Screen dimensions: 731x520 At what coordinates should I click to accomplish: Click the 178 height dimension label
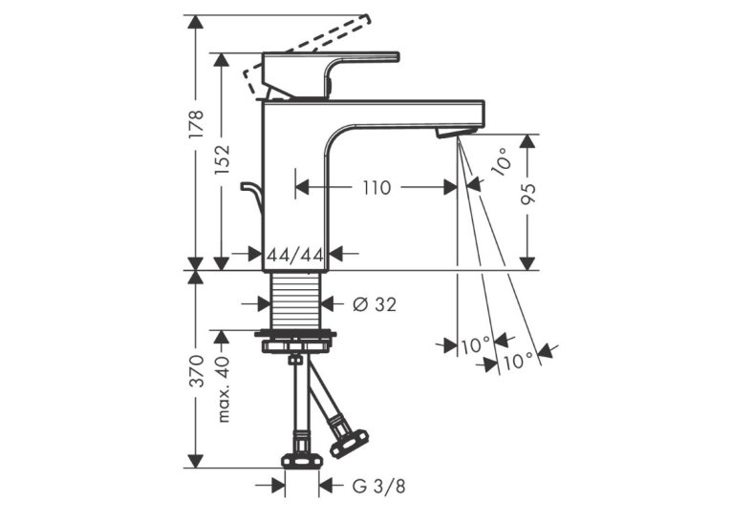(196, 124)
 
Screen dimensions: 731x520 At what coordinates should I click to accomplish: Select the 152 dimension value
(222, 159)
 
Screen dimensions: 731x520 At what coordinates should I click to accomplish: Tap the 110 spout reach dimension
(376, 188)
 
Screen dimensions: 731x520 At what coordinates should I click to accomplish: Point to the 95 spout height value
(527, 193)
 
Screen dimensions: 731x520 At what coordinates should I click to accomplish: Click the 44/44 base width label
(294, 254)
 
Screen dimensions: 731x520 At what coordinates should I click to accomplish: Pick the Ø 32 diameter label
(374, 304)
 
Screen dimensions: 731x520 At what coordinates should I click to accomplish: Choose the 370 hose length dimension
(196, 371)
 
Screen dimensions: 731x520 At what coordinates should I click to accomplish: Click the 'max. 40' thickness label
(224, 389)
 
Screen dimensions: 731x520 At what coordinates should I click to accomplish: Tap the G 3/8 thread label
(378, 486)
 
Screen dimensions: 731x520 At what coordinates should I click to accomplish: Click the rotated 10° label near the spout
(502, 161)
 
